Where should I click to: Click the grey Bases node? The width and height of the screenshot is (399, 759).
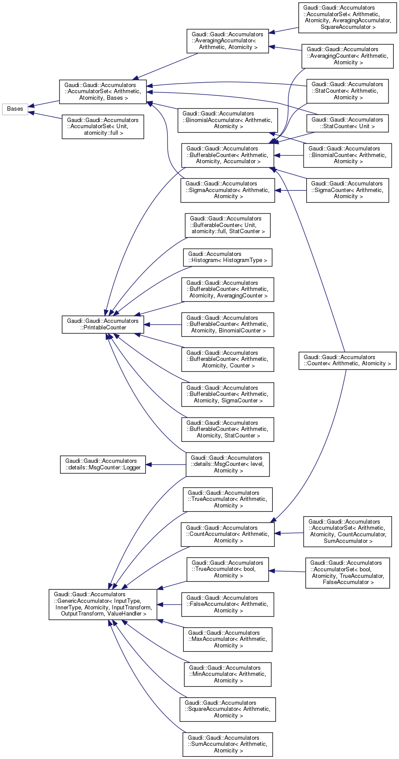pyautogui.click(x=15, y=109)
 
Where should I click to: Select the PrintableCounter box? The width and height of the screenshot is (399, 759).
pyautogui.click(x=102, y=324)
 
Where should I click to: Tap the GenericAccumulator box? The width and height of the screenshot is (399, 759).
pyautogui.click(x=103, y=604)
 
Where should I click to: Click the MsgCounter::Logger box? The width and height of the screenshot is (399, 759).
pyautogui.click(x=103, y=464)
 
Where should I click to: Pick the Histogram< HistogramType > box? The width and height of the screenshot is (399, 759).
pyautogui.click(x=227, y=257)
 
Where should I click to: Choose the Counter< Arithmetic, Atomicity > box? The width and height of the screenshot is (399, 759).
pyautogui.click(x=347, y=360)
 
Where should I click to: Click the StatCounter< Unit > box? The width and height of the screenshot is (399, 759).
pyautogui.click(x=347, y=123)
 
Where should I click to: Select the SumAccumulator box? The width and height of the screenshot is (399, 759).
pyautogui.click(x=227, y=744)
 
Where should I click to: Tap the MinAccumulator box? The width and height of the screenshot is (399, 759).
pyautogui.click(x=227, y=674)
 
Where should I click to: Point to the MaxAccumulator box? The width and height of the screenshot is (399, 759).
pyautogui.click(x=227, y=639)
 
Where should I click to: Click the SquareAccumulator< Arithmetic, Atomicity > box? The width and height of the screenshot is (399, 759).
pyautogui.click(x=227, y=709)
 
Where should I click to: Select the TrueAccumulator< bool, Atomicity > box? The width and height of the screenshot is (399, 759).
pyautogui.click(x=227, y=569)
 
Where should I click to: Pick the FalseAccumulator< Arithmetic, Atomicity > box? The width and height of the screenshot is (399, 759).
pyautogui.click(x=227, y=604)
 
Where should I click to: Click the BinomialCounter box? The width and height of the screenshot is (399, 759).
pyautogui.click(x=347, y=155)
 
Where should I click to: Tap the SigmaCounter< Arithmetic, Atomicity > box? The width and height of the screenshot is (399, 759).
pyautogui.click(x=347, y=190)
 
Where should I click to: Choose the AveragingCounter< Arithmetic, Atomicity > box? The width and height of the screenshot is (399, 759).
pyautogui.click(x=347, y=56)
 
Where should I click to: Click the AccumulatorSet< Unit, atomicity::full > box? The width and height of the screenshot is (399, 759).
pyautogui.click(x=103, y=126)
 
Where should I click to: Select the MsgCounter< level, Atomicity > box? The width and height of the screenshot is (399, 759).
pyautogui.click(x=227, y=464)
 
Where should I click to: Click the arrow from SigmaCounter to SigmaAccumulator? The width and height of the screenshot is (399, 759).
pyautogui.click(x=291, y=190)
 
